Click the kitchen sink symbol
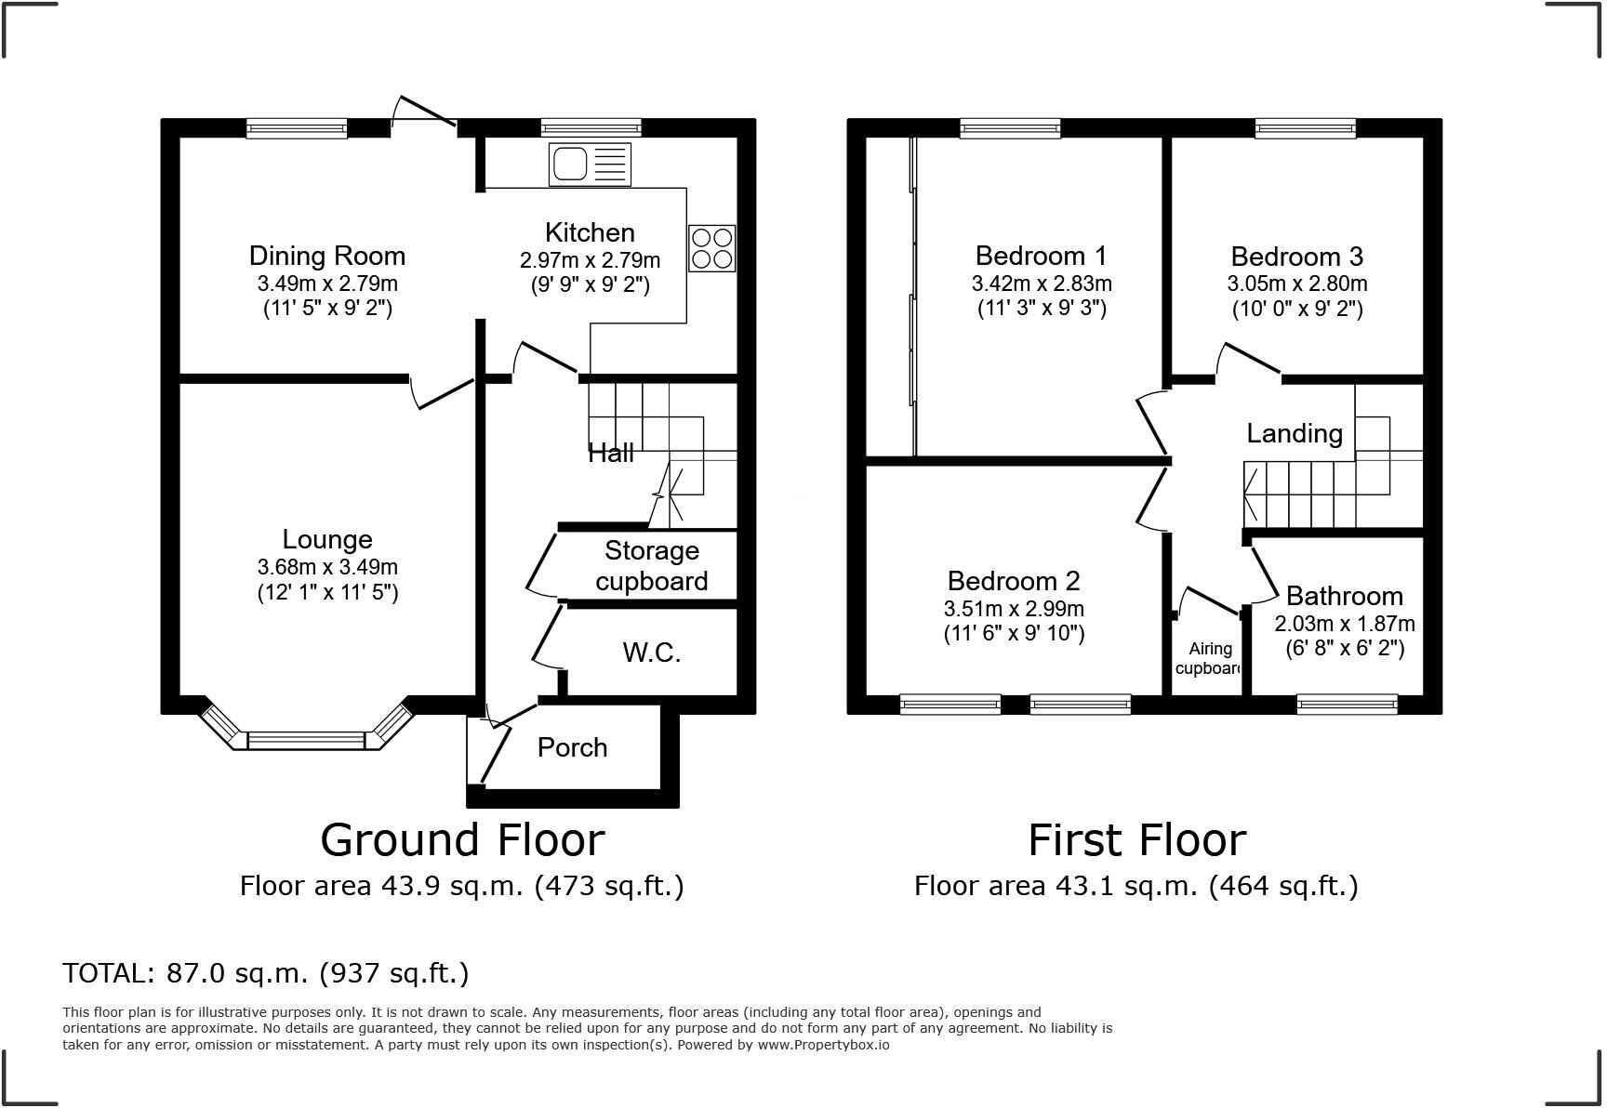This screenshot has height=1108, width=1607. pos(590,165)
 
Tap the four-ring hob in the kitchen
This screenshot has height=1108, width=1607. pos(711,248)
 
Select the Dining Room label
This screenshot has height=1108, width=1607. pos(327,256)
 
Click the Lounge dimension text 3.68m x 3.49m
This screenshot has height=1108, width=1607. pos(327,567)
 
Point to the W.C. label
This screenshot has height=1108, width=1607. pos(651,653)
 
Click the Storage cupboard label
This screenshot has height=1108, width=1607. pos(651,565)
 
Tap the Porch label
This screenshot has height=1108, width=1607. pos(572,747)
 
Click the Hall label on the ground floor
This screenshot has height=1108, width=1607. pos(611,453)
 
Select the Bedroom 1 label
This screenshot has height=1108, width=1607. pos(1041,256)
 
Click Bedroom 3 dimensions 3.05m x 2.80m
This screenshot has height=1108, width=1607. pos(1296,284)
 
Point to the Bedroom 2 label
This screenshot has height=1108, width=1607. pos(1013,581)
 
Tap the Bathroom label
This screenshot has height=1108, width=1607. pos(1344,596)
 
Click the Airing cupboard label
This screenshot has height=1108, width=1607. pos(1209,658)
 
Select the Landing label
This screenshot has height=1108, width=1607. pos(1294,433)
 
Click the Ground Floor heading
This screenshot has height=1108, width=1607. pos(462,839)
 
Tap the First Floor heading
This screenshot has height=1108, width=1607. pos(1136,839)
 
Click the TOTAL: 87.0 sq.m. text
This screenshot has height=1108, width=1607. pos(265,973)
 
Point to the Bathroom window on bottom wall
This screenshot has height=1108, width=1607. pos(1347,705)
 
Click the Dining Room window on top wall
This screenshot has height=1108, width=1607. pos(297,128)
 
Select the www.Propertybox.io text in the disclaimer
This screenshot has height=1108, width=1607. pos(822,1045)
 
